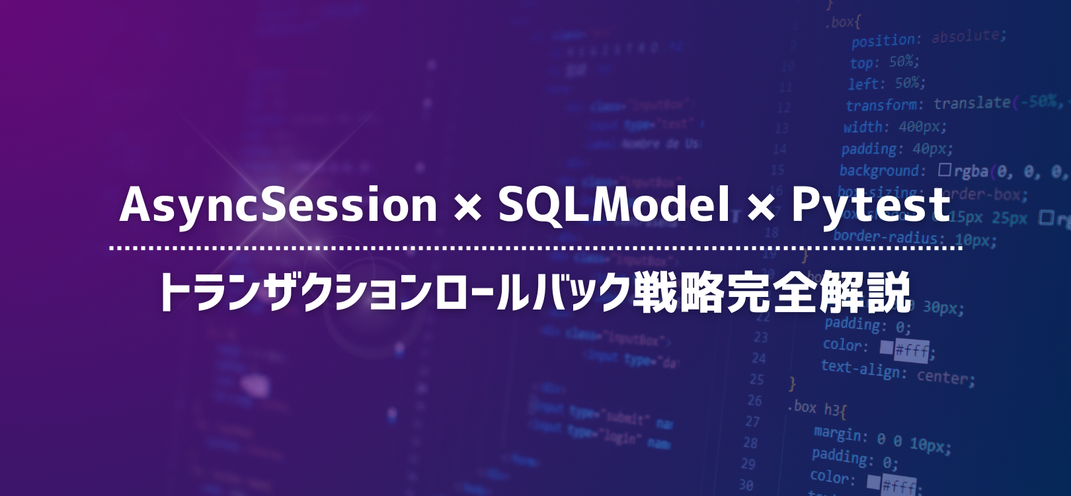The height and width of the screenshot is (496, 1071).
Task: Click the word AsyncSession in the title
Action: pyautogui.click(x=278, y=205)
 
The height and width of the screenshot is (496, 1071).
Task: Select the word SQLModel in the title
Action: pyautogui.click(x=614, y=205)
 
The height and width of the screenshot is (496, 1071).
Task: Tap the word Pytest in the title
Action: pyautogui.click(x=871, y=205)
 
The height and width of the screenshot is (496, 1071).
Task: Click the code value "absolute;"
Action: pyautogui.click(x=969, y=36)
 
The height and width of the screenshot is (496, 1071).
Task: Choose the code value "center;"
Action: pyautogui.click(x=946, y=377)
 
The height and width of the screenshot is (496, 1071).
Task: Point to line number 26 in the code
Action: pyautogui.click(x=754, y=401)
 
